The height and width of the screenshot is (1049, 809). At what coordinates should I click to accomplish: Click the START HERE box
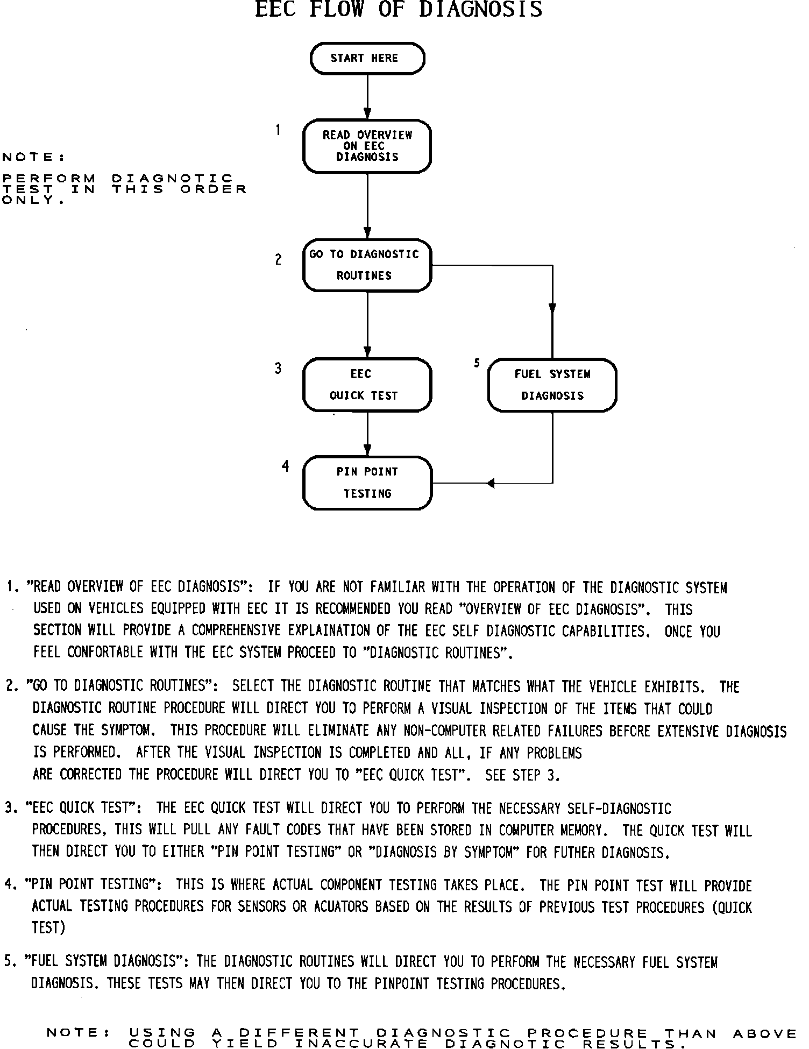pos(367,58)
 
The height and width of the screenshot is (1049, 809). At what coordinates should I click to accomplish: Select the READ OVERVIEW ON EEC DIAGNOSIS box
pos(367,146)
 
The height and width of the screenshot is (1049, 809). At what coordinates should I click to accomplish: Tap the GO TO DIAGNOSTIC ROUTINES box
pos(367,265)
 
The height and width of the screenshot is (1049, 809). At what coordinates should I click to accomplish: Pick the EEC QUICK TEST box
pos(367,385)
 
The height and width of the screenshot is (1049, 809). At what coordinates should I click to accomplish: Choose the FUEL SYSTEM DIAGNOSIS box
pos(552,385)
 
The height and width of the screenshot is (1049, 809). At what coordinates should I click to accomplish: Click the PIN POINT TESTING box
pos(367,483)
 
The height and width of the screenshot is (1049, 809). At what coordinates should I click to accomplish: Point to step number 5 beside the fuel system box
pos(477,364)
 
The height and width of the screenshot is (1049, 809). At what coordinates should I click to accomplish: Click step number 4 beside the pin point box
pos(285,466)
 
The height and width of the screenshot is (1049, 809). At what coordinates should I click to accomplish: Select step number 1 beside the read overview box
pos(278,130)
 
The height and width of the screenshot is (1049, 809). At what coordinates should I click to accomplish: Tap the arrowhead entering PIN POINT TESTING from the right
pos(490,483)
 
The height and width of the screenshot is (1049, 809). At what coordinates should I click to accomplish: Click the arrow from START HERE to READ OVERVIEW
pos(367,97)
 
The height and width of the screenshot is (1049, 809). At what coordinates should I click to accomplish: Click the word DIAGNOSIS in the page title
pos(480,10)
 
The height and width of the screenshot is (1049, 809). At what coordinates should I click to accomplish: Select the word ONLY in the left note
pos(30,200)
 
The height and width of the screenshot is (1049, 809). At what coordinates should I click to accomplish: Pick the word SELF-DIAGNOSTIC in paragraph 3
pos(619,809)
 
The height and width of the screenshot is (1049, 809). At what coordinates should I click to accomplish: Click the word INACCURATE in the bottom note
pos(361,1044)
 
